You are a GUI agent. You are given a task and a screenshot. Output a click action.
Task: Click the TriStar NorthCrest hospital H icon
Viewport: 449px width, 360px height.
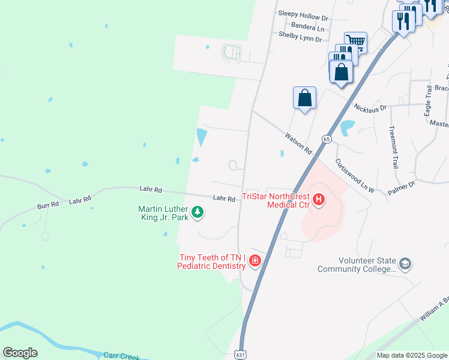click(x=319, y=199)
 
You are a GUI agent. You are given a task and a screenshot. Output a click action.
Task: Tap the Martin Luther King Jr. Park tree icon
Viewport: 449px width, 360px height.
click(x=197, y=212)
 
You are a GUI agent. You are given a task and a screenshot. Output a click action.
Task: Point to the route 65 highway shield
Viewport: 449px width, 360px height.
click(x=327, y=139)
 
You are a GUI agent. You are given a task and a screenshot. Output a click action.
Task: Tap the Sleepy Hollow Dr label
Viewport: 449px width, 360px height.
click(x=303, y=12)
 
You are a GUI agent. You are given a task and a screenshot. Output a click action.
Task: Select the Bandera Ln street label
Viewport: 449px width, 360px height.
click(x=307, y=27)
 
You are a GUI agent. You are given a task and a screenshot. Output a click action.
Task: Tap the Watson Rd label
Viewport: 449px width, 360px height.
click(x=298, y=142)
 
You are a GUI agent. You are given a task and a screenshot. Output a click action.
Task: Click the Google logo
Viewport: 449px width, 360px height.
click(x=20, y=353)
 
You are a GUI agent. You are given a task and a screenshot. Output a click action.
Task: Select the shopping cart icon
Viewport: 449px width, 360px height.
click(x=355, y=41)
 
